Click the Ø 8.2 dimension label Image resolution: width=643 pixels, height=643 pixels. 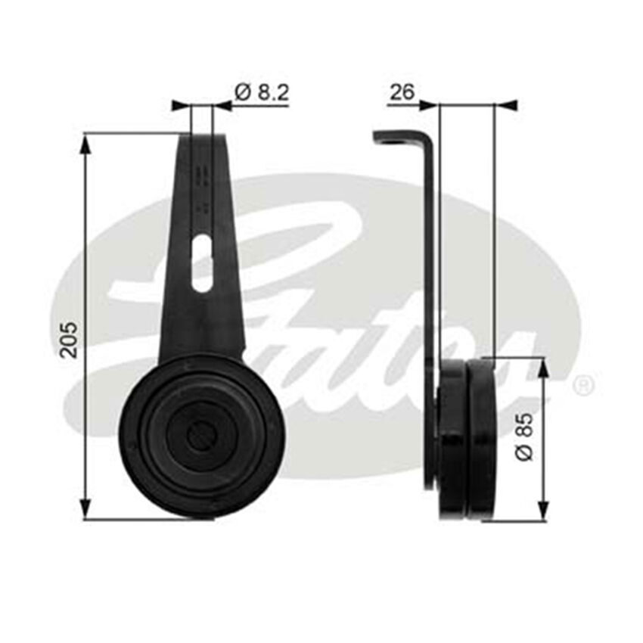[262, 92]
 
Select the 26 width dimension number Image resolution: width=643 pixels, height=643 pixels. [402, 92]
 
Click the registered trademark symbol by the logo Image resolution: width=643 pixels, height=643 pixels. [583, 386]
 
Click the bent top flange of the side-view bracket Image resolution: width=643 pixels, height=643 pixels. [397, 138]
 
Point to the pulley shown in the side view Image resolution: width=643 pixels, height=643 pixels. [467, 439]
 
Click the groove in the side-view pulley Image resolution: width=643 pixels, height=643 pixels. [467, 439]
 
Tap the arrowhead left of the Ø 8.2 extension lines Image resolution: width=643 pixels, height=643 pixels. [180, 106]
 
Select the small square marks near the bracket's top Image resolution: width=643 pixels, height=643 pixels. [201, 179]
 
